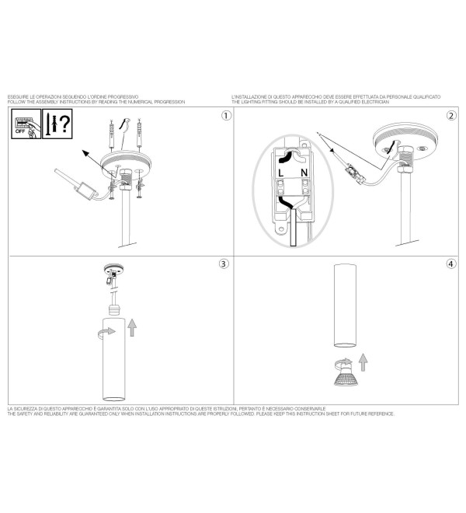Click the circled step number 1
(x=226, y=116)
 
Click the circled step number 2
(x=451, y=116)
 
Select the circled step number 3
(x=224, y=263)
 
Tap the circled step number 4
(x=451, y=263)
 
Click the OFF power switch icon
(x=26, y=124)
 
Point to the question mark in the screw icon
(x=65, y=123)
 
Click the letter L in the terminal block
(x=281, y=173)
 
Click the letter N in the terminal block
(x=304, y=173)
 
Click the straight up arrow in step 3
(x=132, y=327)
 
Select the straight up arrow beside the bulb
(x=363, y=362)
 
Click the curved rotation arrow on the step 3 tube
(x=106, y=332)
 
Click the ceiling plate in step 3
(x=113, y=269)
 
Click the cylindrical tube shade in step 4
(x=345, y=305)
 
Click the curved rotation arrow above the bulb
(x=343, y=362)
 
